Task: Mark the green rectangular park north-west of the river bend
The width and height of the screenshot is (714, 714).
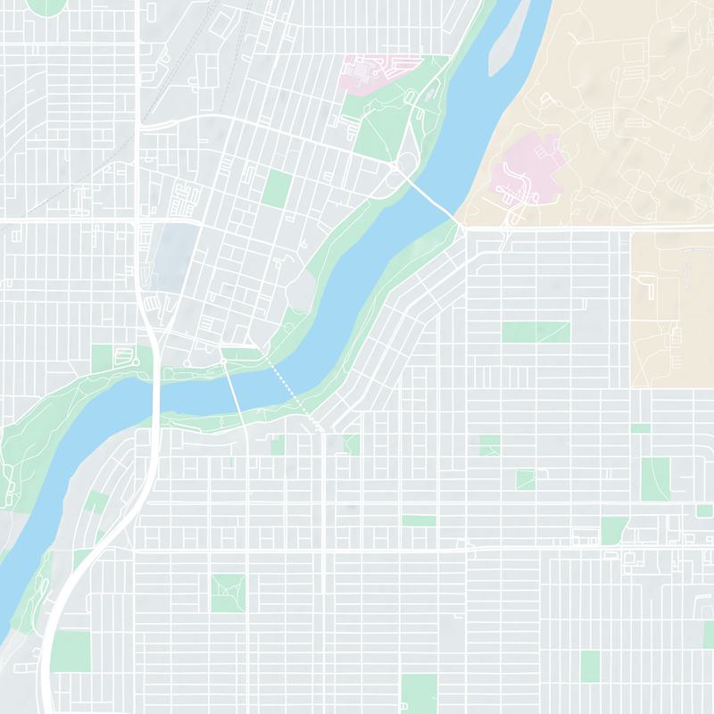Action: pyautogui.click(x=278, y=188)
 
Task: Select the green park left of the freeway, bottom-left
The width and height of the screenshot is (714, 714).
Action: pyautogui.click(x=71, y=652)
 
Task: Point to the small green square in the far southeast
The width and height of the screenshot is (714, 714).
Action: pyautogui.click(x=590, y=666)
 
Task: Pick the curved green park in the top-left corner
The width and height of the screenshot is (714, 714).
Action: pyautogui.click(x=46, y=5)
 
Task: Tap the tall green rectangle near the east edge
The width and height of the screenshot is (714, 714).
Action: pyautogui.click(x=655, y=477)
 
